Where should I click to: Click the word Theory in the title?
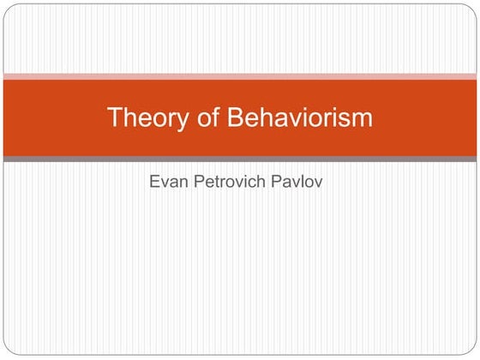[x=147, y=118]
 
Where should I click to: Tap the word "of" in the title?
[x=208, y=117]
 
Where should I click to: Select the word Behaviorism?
[x=300, y=117]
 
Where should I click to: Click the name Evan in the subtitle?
[x=169, y=181]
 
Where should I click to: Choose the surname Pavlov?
[x=297, y=181]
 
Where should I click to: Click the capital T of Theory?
[x=115, y=117]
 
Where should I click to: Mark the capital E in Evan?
[x=154, y=181]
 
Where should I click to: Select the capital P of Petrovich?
[x=199, y=181]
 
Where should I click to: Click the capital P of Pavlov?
[x=276, y=181]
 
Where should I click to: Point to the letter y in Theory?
[x=182, y=122]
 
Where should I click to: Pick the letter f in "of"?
[x=215, y=117]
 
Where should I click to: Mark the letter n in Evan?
[x=183, y=183]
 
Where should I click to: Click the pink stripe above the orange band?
[x=240, y=76]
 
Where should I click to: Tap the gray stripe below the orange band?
[x=240, y=159]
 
